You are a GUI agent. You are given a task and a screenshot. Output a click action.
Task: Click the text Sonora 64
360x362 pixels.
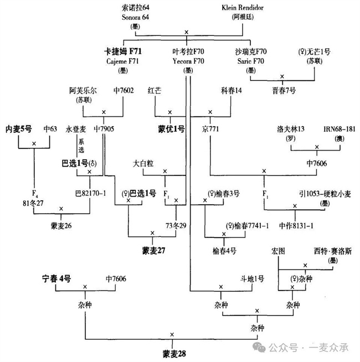click(137, 17)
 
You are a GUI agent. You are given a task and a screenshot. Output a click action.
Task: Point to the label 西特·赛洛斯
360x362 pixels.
click(332, 252)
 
